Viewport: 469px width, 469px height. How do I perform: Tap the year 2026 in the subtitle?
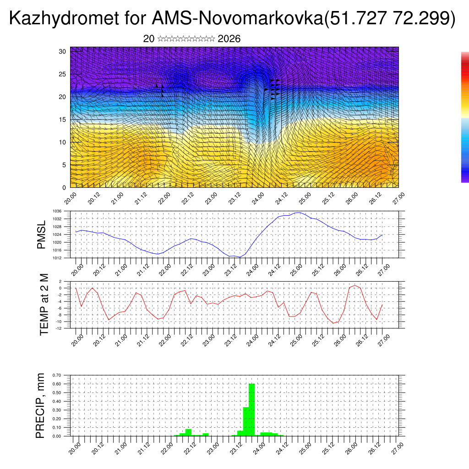click(x=229, y=39)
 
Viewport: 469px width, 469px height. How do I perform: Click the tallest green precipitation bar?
click(x=251, y=409)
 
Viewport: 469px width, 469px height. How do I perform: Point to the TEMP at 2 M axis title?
click(x=44, y=304)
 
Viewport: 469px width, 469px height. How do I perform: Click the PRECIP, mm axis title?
click(x=41, y=405)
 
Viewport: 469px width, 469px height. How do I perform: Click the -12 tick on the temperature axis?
click(x=60, y=328)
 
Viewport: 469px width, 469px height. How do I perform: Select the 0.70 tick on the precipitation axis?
click(x=57, y=375)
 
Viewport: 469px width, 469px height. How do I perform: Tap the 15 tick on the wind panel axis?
click(x=63, y=120)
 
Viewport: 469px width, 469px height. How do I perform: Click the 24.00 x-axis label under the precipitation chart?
click(x=260, y=445)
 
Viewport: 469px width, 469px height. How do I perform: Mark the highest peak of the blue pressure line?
click(x=299, y=213)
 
